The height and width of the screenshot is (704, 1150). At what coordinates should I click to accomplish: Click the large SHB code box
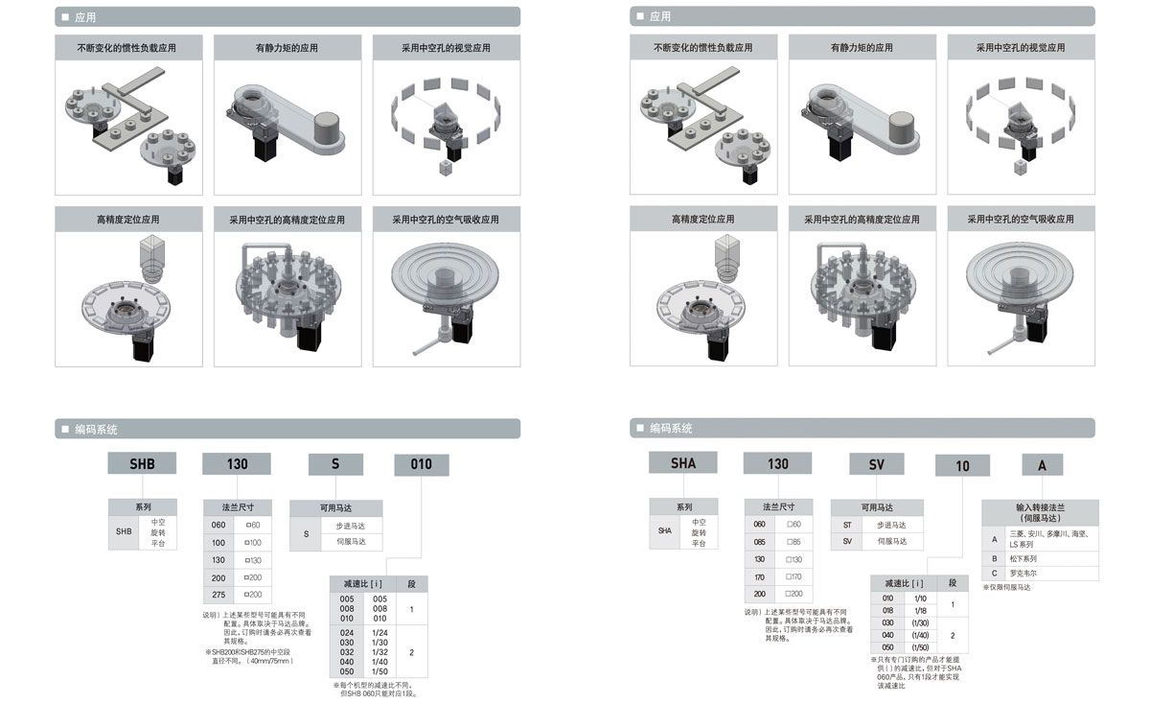pyautogui.click(x=142, y=464)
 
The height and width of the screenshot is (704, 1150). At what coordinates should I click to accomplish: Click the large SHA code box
pyautogui.click(x=683, y=463)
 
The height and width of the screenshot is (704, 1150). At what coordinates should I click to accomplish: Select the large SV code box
pyautogui.click(x=877, y=464)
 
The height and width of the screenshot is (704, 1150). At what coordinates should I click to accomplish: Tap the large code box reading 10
pyautogui.click(x=962, y=466)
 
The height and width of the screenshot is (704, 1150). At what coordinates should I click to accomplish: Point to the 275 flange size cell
pyautogui.click(x=218, y=594)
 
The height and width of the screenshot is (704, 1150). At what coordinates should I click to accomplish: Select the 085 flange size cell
pyautogui.click(x=759, y=541)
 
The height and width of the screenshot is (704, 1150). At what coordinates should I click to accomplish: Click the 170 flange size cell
pyautogui.click(x=759, y=576)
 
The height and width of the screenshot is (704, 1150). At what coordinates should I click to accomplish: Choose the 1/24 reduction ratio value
pyautogui.click(x=380, y=633)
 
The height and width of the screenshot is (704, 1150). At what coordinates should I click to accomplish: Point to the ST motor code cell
pyautogui.click(x=847, y=525)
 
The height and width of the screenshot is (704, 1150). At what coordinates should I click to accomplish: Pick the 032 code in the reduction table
pyautogui.click(x=347, y=652)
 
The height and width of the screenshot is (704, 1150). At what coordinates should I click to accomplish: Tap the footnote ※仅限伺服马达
pyautogui.click(x=1006, y=587)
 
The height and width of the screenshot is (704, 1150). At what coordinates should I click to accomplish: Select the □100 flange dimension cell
pyautogui.click(x=254, y=543)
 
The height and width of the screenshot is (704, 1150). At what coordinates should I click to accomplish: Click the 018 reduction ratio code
pyautogui.click(x=887, y=611)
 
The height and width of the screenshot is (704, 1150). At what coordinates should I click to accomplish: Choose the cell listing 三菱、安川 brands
pyautogui.click(x=1047, y=537)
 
